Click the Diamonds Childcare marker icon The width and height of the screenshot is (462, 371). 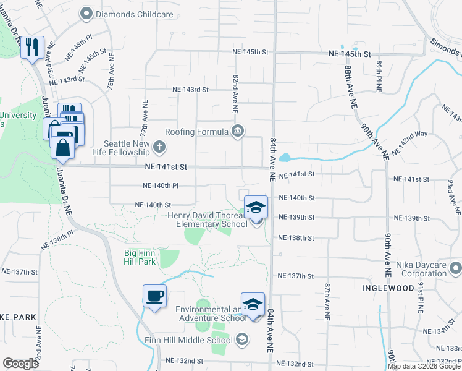point(86,12)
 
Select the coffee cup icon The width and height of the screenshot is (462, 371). point(154,295)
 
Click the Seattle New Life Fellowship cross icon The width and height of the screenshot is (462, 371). point(159,147)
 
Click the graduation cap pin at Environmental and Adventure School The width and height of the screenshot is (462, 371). point(253,304)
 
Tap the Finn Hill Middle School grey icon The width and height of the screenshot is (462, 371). point(242,339)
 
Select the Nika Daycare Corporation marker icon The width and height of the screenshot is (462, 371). point(456,268)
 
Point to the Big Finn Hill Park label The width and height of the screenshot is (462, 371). point(139,258)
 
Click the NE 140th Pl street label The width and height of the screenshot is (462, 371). point(161,185)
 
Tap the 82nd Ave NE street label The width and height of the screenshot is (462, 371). point(235,93)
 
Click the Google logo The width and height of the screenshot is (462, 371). point(20,364)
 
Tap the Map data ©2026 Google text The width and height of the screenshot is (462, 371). point(424,366)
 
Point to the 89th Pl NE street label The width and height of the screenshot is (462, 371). point(379,75)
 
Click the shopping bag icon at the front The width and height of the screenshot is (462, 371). point(63,148)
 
